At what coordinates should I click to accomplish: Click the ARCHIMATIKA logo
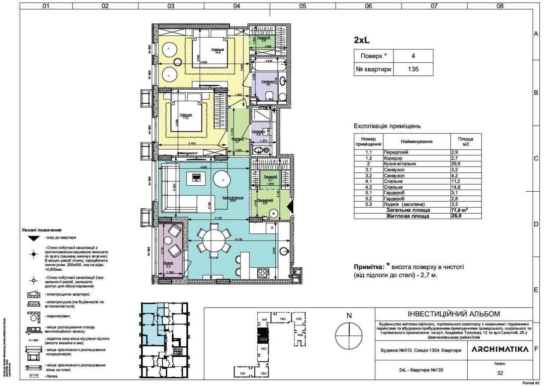click(500, 350)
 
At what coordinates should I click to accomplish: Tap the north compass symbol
click(349, 336)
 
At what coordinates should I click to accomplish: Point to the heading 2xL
click(362, 40)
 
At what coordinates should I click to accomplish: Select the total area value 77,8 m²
click(460, 211)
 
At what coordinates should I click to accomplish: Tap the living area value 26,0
click(457, 217)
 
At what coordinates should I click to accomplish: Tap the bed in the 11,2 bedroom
click(186, 115)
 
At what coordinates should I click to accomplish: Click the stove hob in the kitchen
click(262, 272)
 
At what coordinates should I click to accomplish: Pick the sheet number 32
click(499, 373)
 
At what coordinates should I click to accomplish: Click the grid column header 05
click(302, 6)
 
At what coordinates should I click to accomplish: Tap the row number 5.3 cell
click(368, 205)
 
